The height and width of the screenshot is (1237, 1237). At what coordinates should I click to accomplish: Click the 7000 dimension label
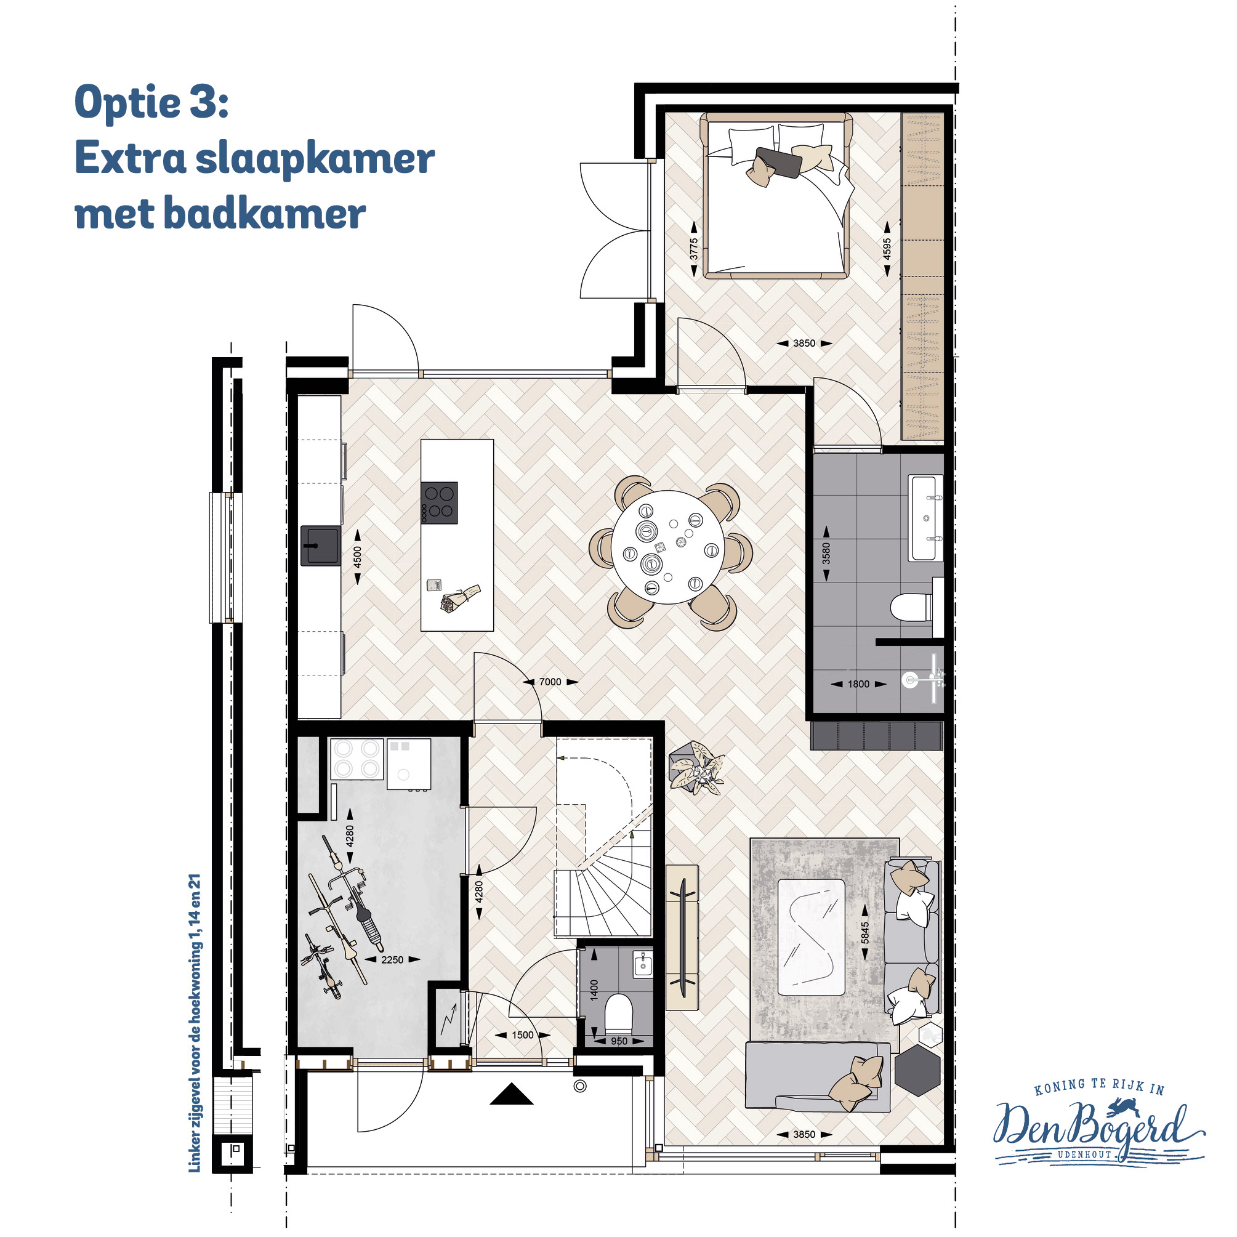(x=550, y=682)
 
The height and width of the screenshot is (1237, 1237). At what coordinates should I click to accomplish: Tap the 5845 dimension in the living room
(x=865, y=933)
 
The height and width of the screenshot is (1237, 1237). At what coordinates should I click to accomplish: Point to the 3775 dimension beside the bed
(x=693, y=249)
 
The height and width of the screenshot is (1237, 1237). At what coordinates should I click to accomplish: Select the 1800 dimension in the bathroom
(x=858, y=684)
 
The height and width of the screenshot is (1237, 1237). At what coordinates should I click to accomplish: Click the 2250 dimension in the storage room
(x=392, y=960)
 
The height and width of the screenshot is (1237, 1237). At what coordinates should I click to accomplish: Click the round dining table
(x=668, y=547)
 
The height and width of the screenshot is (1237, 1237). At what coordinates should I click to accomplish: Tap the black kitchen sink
(x=321, y=546)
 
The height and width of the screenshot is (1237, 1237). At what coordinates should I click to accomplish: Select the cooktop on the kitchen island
(x=439, y=502)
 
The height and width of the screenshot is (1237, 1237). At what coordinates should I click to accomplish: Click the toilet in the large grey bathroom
(x=913, y=608)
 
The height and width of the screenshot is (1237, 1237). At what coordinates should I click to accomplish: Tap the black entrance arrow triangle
(x=512, y=1094)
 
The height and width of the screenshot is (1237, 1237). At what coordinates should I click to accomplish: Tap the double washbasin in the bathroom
(x=926, y=517)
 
